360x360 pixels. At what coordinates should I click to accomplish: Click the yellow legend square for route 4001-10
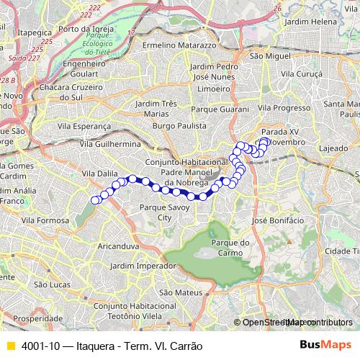[x=10, y=346]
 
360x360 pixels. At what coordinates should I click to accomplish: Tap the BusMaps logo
[x=320, y=346]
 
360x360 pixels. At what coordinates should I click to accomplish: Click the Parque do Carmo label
[x=230, y=247]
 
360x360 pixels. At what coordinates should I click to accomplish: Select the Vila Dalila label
[x=99, y=174]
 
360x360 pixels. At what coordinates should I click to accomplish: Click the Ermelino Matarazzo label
[x=179, y=45]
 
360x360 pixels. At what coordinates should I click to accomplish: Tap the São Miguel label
[x=268, y=55]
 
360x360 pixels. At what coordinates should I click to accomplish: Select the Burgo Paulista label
[x=178, y=125]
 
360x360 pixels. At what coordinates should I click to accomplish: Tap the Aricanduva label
[x=116, y=246]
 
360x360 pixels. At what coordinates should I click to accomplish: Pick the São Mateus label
[x=176, y=292]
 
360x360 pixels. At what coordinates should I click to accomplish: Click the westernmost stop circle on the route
[x=95, y=199]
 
